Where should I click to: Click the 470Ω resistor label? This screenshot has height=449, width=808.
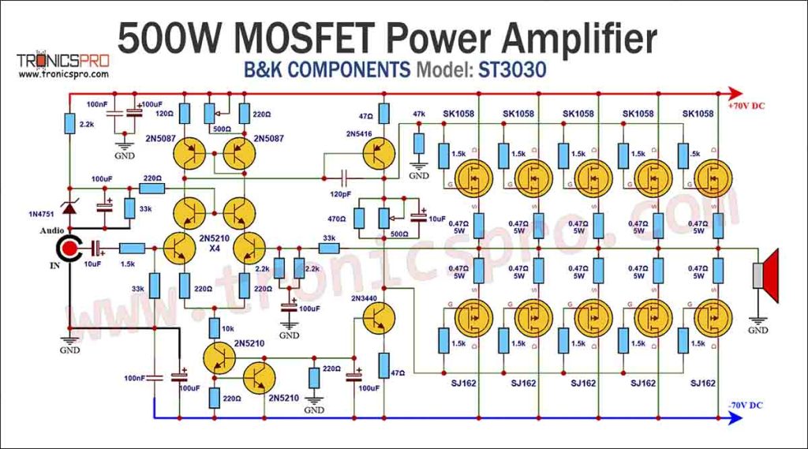337,219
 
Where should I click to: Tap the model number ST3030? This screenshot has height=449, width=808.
512,70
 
